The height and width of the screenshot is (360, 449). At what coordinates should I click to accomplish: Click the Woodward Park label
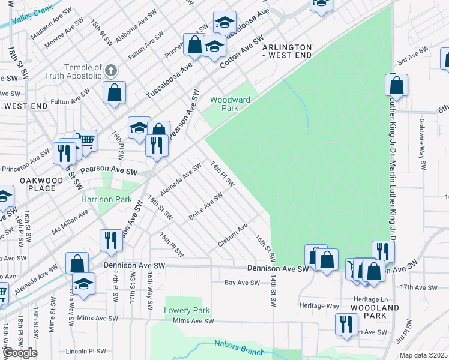coord(224,104)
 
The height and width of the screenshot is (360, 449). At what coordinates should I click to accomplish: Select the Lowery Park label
coord(187,310)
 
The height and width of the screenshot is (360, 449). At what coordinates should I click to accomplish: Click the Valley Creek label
coord(47,11)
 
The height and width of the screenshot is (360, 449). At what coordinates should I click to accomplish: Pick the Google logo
coord(19,353)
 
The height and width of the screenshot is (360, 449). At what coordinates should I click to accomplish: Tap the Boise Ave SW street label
coord(205,205)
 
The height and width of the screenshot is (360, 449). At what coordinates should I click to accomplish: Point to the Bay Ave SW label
coord(242,283)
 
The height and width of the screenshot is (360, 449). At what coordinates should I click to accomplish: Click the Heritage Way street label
coord(320,306)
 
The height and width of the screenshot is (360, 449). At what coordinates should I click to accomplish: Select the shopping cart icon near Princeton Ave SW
coord(86,141)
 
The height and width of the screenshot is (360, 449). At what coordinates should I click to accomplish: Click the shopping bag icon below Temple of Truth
coord(114,92)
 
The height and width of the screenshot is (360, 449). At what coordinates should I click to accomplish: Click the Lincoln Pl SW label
coord(86,351)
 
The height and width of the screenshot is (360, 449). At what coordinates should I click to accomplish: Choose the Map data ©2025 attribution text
coord(424,355)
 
